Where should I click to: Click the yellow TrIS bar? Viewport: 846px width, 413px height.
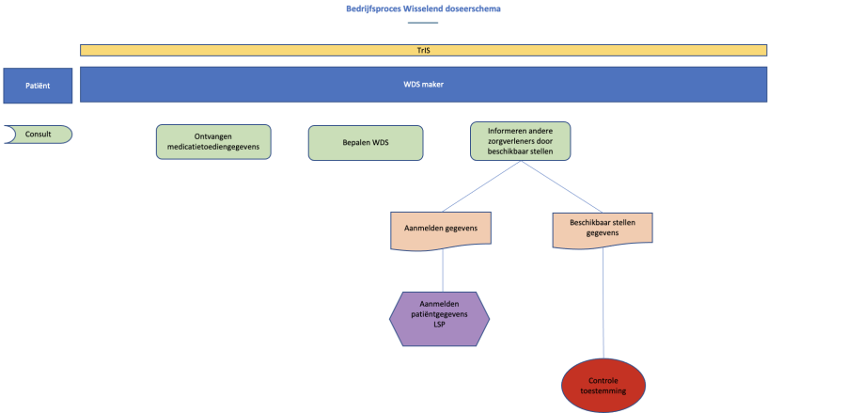423,50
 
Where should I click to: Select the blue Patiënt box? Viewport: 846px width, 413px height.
38,86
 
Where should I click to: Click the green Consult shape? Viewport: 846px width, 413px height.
38,135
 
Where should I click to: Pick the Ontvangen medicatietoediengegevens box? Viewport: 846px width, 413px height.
213,142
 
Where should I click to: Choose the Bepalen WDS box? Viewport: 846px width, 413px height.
366,143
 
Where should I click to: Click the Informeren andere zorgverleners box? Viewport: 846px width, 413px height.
520,141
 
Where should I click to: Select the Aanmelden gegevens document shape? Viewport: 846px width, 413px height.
441,230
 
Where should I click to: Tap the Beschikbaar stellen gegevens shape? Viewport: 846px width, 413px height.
603,229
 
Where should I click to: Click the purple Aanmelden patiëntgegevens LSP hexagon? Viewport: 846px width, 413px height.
439,318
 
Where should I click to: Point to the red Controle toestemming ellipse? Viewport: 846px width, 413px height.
604,386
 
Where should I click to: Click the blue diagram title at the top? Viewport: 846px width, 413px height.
422,9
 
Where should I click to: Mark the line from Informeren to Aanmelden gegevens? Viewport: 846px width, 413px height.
481,185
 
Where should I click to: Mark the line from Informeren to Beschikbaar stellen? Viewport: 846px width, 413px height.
562,185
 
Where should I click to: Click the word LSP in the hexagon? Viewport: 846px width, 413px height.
438,327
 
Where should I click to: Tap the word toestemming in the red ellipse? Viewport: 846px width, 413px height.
604,390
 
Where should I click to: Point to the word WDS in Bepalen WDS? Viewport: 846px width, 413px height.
380,143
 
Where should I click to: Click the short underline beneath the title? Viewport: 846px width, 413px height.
423,22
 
